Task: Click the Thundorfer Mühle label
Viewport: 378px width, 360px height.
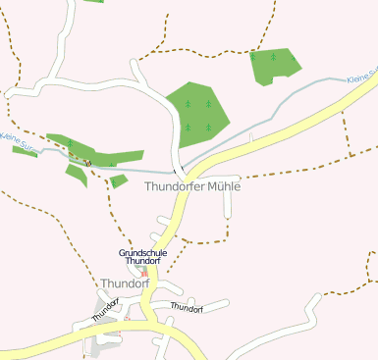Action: [192, 185]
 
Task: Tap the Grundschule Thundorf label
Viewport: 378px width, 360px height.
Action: [142, 257]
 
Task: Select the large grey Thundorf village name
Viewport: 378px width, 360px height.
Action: [123, 283]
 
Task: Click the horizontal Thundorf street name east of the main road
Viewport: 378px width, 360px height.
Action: [187, 308]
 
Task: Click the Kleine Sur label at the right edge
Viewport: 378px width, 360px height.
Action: [362, 78]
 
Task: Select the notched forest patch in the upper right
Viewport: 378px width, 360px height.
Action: [274, 64]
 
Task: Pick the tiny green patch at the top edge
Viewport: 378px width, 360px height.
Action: [93, 2]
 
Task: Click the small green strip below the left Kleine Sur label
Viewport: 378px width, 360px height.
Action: [24, 151]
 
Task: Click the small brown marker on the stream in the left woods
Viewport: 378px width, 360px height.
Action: [87, 162]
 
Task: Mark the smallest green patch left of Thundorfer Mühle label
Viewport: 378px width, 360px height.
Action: [119, 180]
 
